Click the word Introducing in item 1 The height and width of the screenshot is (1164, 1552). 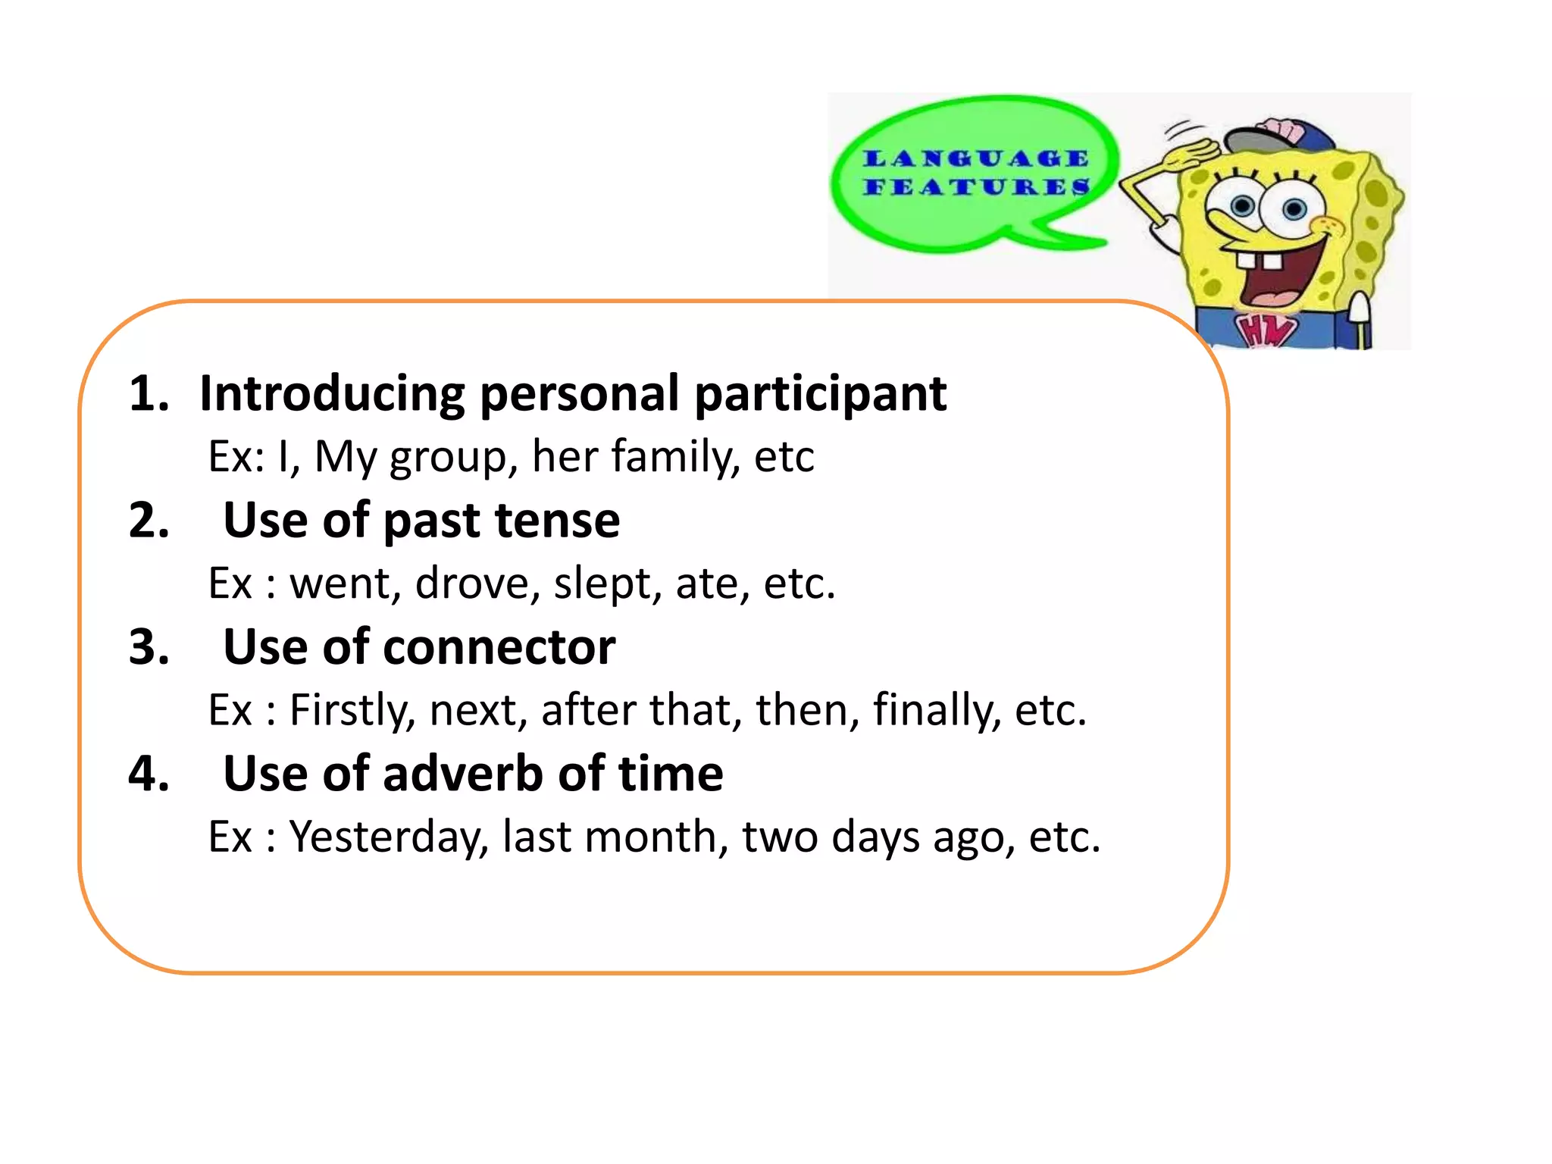(x=331, y=393)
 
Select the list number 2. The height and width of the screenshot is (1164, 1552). (x=149, y=521)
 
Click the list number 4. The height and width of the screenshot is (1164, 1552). (x=149, y=774)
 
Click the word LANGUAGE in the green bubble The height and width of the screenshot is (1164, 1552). (x=976, y=158)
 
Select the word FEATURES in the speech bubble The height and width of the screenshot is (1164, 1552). (x=976, y=186)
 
